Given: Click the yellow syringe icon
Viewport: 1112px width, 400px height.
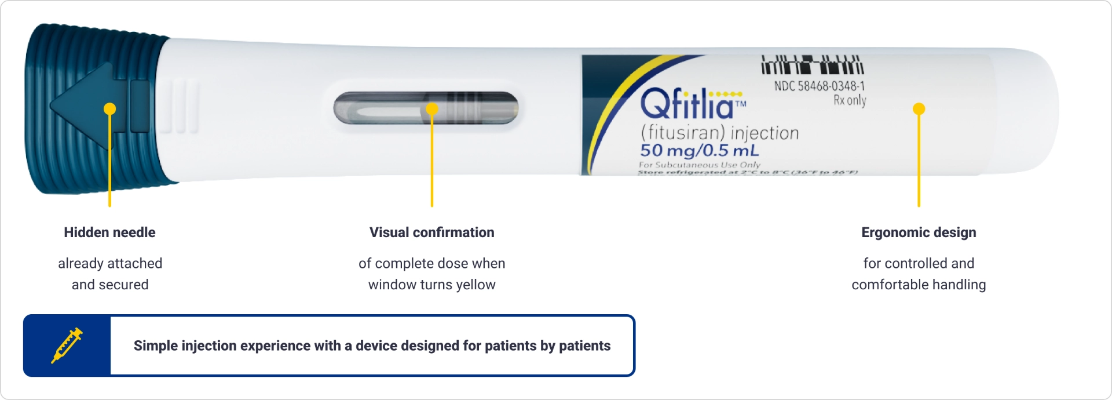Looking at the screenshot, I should point(67,346).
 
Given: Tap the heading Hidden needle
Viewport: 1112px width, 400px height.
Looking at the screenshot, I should point(109,232).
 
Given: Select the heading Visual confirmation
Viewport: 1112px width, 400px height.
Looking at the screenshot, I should point(431,232).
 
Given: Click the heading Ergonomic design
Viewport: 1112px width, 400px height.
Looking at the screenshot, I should point(919,232).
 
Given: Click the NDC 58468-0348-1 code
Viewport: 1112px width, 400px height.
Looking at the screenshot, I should point(820,86).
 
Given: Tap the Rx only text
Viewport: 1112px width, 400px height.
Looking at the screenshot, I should point(850,100).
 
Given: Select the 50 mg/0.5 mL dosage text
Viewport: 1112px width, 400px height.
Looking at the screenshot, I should point(699,151).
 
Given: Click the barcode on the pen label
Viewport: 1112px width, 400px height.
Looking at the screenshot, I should point(812,66).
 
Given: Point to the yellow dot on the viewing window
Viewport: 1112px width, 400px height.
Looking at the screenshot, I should point(432,109).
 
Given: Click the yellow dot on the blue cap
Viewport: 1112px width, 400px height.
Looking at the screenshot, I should point(109,109).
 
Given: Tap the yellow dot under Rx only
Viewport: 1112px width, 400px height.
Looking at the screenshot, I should point(919,109).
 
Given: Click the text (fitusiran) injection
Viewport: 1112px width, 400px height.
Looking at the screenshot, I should point(719,133).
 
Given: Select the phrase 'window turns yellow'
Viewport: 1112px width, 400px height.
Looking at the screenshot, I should point(431,285).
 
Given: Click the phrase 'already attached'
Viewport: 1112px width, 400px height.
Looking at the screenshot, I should point(109,263).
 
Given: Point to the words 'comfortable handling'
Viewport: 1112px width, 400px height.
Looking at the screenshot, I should point(919,285).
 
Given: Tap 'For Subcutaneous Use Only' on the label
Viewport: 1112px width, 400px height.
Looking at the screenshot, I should point(699,165).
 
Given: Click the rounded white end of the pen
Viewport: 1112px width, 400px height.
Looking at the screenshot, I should point(1031,110).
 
